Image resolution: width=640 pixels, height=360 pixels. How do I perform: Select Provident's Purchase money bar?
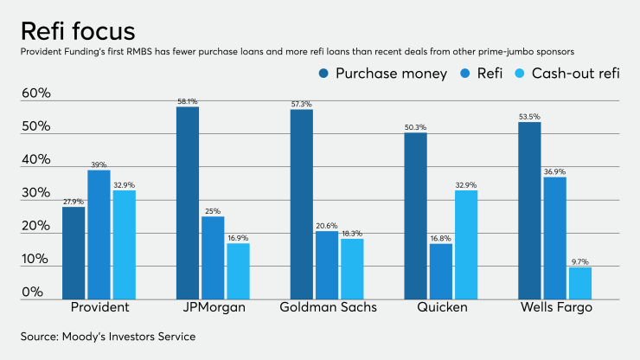pos(74,251)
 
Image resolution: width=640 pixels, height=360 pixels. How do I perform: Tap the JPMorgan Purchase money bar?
pos(187,201)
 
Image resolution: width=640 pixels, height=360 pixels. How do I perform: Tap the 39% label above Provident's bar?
pos(99,164)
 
